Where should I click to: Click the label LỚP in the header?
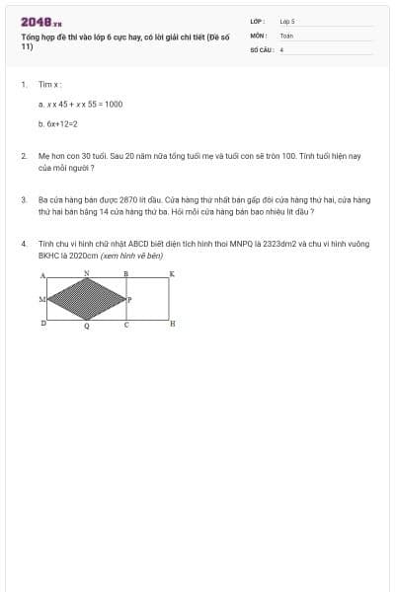(x=256, y=21)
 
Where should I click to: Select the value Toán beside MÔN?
(x=286, y=35)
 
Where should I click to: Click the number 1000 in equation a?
(x=114, y=104)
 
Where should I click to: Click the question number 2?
(x=23, y=156)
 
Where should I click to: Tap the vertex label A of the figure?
(x=42, y=273)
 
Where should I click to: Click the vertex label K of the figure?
(x=172, y=272)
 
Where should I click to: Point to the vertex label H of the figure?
(x=172, y=323)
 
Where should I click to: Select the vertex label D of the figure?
(x=42, y=323)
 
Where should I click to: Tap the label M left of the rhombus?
(x=41, y=298)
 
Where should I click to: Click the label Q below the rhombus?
(x=87, y=326)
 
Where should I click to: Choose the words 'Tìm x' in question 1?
(x=49, y=84)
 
